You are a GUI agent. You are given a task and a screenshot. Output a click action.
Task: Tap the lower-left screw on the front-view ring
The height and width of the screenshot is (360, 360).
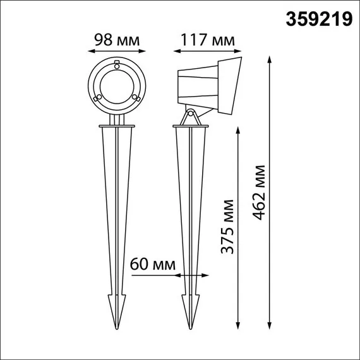pos(97,98)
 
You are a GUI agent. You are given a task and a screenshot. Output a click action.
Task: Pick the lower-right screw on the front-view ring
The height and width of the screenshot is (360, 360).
pos(136,98)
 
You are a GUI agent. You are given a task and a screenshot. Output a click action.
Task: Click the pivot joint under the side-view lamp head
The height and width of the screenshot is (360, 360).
pos(189,115)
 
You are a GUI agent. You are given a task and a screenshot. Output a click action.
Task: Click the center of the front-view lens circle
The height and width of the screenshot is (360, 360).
pos(116,85)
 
